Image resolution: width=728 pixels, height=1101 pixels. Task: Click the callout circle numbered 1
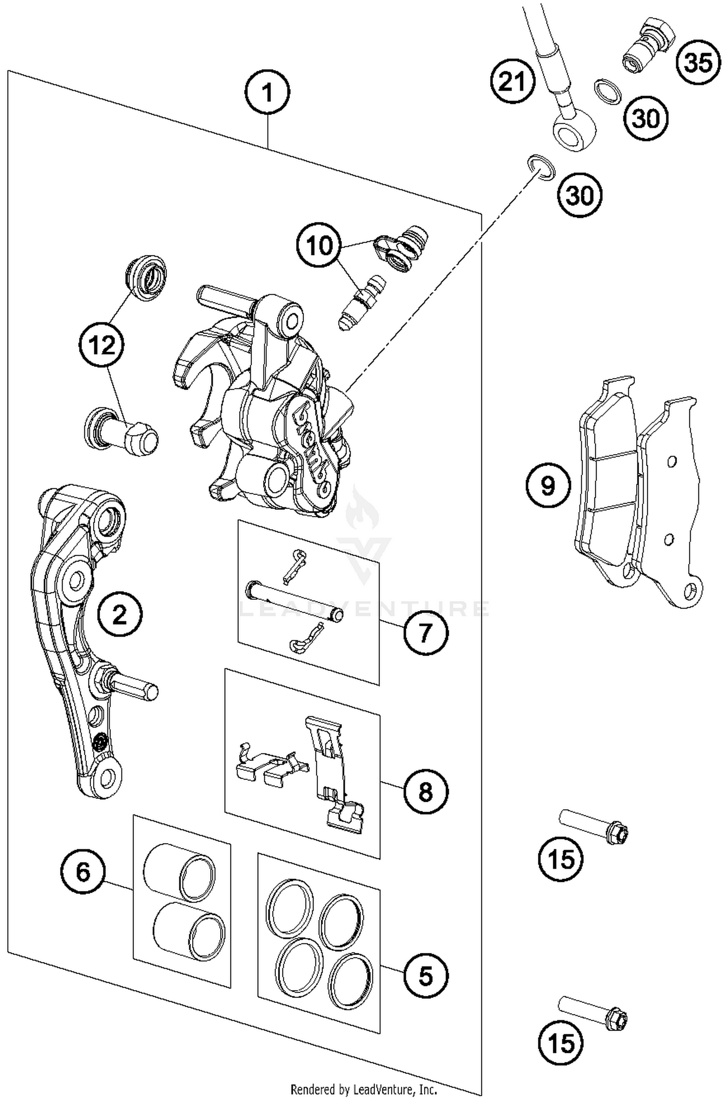click(x=267, y=92)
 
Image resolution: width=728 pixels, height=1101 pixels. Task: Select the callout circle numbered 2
click(x=119, y=615)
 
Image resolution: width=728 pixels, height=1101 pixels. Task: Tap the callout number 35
click(x=698, y=63)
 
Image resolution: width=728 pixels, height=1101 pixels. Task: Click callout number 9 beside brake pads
click(x=548, y=486)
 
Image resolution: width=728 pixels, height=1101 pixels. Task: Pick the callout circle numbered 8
click(x=425, y=792)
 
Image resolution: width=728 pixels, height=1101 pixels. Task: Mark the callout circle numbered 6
click(x=83, y=872)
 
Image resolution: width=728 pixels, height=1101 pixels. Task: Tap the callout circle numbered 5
click(x=425, y=976)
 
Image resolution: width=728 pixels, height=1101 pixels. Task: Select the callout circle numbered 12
click(x=102, y=346)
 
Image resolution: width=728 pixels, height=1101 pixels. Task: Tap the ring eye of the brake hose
click(x=575, y=130)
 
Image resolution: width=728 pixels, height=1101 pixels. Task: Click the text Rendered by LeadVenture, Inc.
click(x=363, y=1089)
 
